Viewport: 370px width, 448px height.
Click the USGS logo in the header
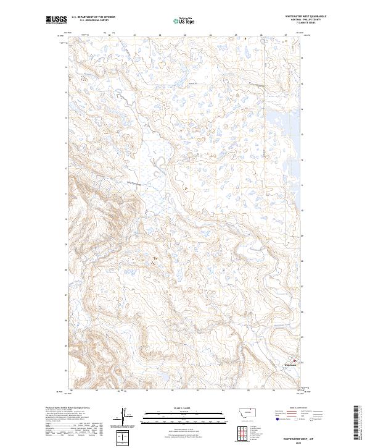coord(56,20)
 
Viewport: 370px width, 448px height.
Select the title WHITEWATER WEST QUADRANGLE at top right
coord(305,16)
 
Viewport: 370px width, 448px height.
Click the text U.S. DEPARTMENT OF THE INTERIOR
coord(93,17)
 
